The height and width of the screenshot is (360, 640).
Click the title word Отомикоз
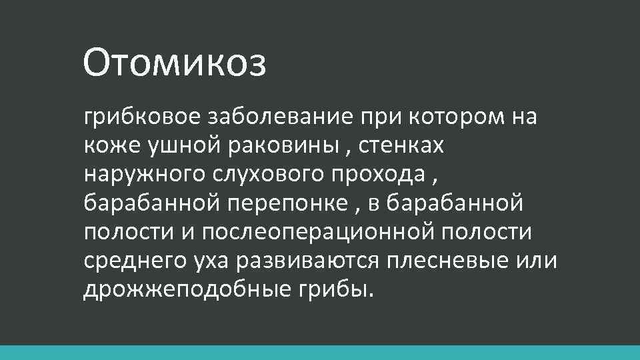click(x=175, y=63)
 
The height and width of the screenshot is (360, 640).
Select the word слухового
click(x=266, y=175)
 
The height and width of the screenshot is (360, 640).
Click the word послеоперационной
click(x=316, y=233)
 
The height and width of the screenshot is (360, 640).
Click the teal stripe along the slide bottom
click(x=320, y=353)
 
